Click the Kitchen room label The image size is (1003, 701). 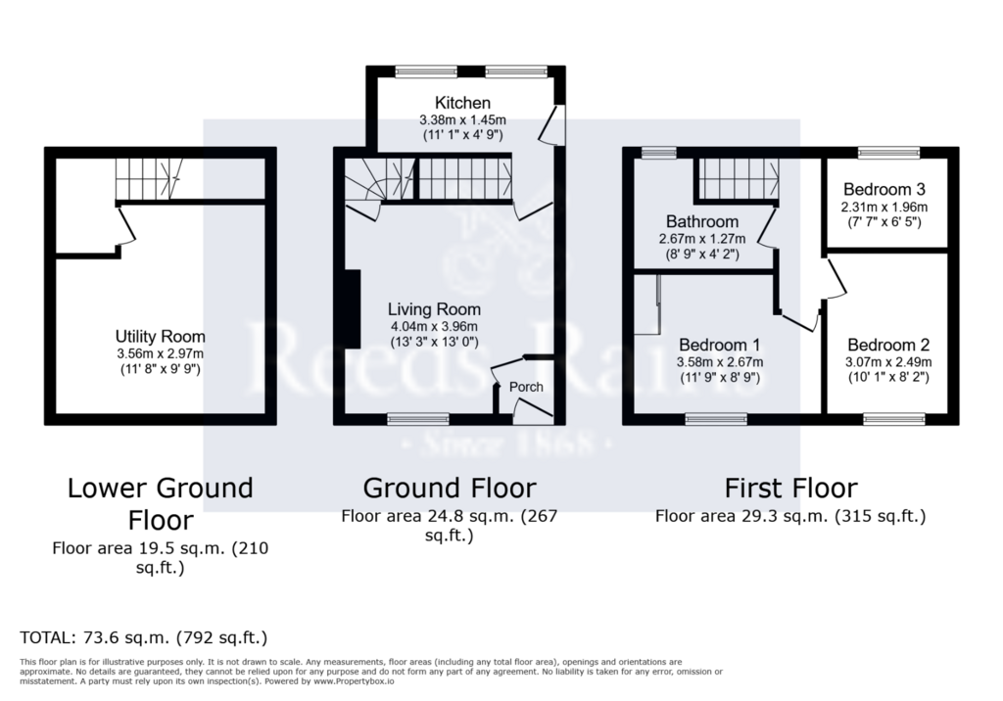click(x=462, y=103)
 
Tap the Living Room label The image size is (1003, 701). click(x=434, y=309)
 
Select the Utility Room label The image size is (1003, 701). click(x=160, y=337)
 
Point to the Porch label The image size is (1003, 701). click(x=526, y=387)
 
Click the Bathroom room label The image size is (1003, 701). click(x=702, y=221)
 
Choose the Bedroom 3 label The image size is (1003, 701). click(x=884, y=189)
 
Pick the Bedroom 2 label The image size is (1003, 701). click(x=888, y=346)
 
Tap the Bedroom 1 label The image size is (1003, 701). click(x=720, y=346)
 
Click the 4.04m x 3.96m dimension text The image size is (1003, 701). click(x=434, y=326)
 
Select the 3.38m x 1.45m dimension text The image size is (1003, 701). click(x=462, y=119)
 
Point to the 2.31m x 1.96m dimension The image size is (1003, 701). click(x=884, y=208)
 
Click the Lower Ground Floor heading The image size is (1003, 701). click(x=161, y=504)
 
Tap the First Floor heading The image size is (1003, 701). click(x=790, y=489)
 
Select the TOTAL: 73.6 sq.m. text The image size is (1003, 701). click(x=95, y=637)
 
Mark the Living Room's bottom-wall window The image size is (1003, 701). click(x=418, y=419)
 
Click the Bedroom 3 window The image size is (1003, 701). click(x=889, y=152)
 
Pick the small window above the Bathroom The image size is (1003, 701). click(x=659, y=152)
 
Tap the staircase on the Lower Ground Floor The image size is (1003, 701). click(x=149, y=178)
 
